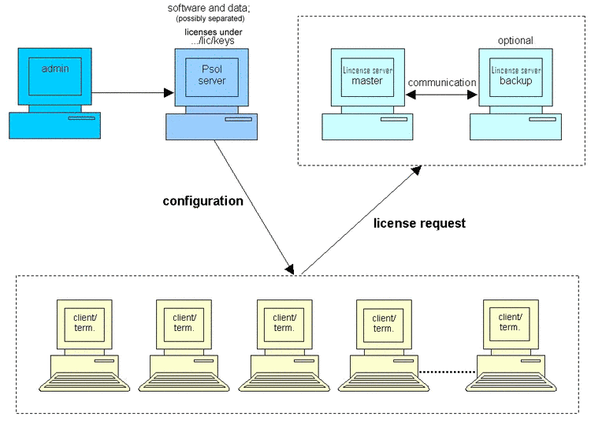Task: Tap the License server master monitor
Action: click(x=367, y=76)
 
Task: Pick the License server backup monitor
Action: click(x=516, y=76)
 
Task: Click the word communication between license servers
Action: click(x=441, y=82)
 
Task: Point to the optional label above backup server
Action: click(x=515, y=40)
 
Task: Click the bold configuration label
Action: click(x=203, y=201)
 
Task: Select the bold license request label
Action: click(x=418, y=224)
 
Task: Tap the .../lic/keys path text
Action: click(x=213, y=41)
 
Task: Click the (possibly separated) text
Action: click(x=210, y=19)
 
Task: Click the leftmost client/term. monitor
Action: click(x=84, y=323)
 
